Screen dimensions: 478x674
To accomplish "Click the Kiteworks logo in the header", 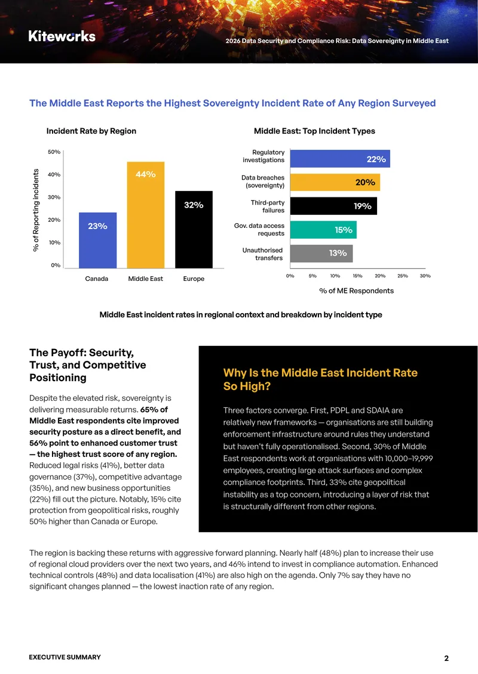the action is pos(62,36).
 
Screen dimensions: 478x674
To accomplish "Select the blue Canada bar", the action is pos(98,240).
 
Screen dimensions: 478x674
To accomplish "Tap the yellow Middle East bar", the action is pos(146,215).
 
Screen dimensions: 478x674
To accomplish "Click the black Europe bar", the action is pos(194,230).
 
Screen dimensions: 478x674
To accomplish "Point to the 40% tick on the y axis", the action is pos(54,175).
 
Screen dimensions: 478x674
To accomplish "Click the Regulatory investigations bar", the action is pos(340,159).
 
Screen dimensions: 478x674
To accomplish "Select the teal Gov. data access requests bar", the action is pos(323,230).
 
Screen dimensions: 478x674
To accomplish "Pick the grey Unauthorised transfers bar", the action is pos(321,253).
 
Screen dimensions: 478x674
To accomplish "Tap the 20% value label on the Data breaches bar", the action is pos(365,183).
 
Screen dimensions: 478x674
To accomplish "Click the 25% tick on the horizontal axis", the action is pos(403,276).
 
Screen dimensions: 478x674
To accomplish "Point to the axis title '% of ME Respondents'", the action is pos(357,290).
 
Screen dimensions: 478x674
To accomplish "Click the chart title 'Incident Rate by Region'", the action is pos(91,131).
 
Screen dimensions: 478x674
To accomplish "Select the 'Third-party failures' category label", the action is pos(268,206).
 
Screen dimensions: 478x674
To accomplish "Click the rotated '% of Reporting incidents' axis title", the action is pos(36,210).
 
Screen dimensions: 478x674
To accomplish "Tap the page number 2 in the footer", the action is pos(446,658).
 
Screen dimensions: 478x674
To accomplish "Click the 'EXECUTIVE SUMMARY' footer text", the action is pos(65,657).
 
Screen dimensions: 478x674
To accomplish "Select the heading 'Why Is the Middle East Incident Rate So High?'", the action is pos(320,379).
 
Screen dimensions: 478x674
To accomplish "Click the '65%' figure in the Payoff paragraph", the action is pos(149,410).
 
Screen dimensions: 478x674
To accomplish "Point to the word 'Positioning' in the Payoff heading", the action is pos(58,378).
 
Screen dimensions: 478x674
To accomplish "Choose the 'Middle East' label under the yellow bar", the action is pos(146,279).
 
